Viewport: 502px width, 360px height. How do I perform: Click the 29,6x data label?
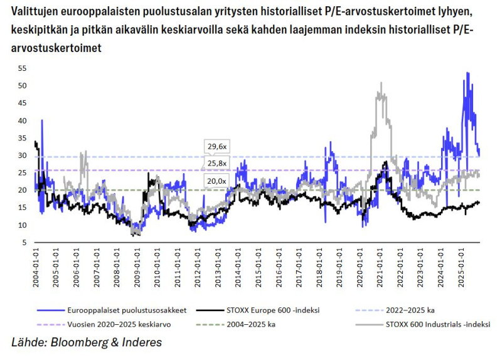(x=216, y=146)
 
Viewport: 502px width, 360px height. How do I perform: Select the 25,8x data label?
(x=216, y=163)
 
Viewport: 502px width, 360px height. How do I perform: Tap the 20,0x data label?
(x=216, y=181)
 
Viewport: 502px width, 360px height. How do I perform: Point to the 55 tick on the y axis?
(x=22, y=68)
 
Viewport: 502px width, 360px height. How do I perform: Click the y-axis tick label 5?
(x=24, y=243)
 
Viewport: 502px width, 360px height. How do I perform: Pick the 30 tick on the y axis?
(x=22, y=156)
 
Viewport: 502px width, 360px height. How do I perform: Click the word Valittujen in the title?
(x=36, y=13)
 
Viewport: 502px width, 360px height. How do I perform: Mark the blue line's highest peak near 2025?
(x=467, y=73)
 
